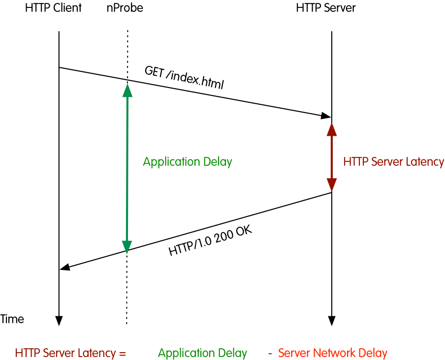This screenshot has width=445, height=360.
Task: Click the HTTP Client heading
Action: click(x=53, y=8)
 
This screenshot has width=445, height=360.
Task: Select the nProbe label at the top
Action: click(x=125, y=8)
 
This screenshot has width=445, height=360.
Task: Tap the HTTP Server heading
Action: click(x=326, y=8)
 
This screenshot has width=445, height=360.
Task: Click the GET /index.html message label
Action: click(x=184, y=77)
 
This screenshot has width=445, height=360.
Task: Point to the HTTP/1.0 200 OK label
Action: click(x=210, y=241)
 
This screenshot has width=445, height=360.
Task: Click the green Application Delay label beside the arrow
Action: click(x=188, y=162)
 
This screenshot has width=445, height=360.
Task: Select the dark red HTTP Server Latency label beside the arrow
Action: click(x=394, y=162)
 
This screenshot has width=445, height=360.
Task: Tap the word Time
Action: click(x=12, y=319)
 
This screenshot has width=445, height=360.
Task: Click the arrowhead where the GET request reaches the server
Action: click(x=326, y=116)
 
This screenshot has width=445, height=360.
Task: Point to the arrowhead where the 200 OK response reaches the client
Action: click(x=65, y=267)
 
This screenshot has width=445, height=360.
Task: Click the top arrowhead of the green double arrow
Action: click(x=127, y=90)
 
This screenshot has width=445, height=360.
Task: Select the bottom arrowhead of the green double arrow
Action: click(x=127, y=246)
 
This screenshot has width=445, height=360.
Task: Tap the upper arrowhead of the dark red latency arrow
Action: click(x=332, y=129)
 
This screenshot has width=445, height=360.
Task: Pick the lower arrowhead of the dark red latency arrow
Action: click(x=332, y=185)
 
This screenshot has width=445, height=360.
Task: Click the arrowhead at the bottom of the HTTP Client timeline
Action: click(x=59, y=321)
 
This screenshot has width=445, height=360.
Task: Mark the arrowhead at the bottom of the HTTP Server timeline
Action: click(x=332, y=321)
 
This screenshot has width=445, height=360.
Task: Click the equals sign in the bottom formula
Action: click(x=123, y=354)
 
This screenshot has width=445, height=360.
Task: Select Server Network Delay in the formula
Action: click(x=333, y=353)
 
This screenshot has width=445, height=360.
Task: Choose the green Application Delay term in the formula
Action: click(x=203, y=353)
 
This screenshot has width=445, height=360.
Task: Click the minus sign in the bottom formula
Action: click(x=270, y=354)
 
